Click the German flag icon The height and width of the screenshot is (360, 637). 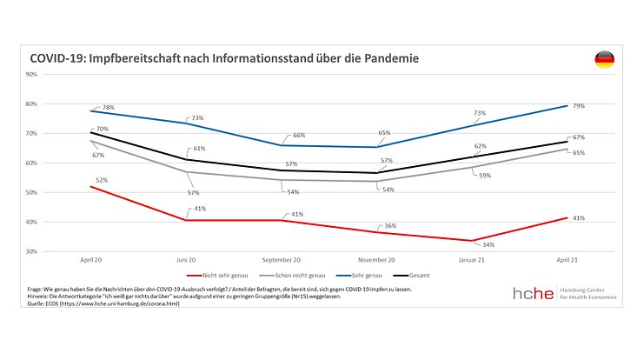pos(604,59)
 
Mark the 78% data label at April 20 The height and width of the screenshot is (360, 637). pos(109,107)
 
